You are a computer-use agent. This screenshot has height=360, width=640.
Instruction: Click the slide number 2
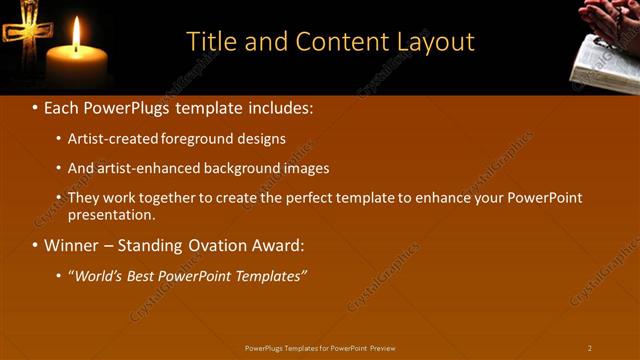[x=590, y=348]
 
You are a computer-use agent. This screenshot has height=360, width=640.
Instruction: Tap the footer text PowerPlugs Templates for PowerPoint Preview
[x=320, y=348]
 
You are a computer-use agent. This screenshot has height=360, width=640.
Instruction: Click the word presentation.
[x=111, y=214]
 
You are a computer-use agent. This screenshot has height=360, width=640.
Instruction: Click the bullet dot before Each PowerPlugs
[x=36, y=107]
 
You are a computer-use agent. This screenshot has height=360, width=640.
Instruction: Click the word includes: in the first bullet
[x=282, y=107]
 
